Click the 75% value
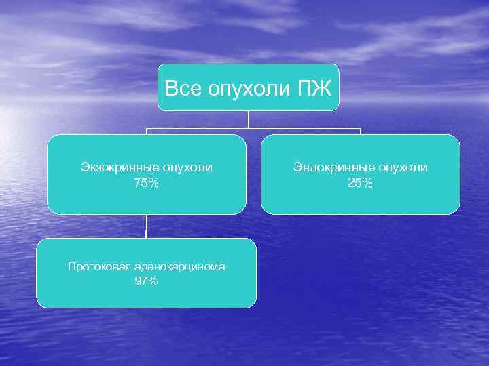point(146,182)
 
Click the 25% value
point(360,182)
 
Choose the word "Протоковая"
point(92,266)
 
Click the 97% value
point(146,281)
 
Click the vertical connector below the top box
point(249,119)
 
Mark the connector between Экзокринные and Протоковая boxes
point(146,226)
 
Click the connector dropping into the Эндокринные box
point(360,131)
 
